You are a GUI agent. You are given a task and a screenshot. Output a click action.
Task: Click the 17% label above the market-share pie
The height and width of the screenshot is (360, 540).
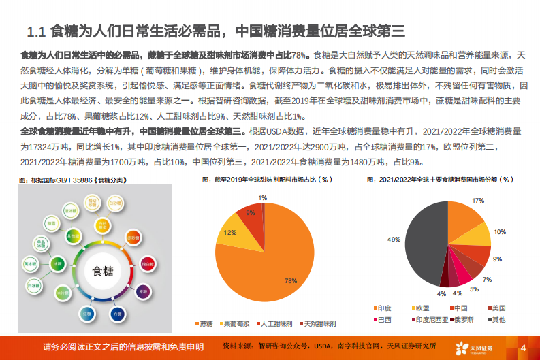click(x=478, y=201)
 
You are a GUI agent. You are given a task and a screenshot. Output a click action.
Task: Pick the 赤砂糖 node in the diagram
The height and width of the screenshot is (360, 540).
click(x=132, y=238)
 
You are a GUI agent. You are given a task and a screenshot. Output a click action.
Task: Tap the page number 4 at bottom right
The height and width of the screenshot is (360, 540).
click(x=523, y=348)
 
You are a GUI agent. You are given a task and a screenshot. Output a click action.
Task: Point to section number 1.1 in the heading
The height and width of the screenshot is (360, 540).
click(x=35, y=31)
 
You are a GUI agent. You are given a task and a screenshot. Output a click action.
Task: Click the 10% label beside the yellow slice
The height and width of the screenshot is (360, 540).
click(x=500, y=232)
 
